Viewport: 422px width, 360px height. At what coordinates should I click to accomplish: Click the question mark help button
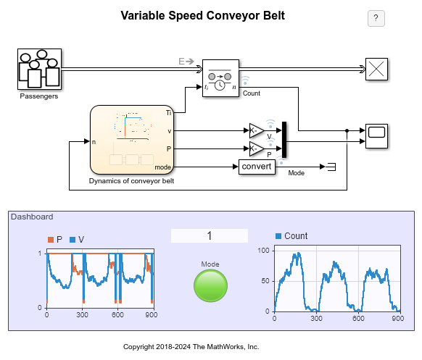376,19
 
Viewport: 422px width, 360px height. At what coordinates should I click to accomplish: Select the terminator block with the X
376,70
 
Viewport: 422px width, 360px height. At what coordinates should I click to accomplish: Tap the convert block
257,167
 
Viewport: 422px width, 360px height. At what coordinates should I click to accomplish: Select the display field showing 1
210,236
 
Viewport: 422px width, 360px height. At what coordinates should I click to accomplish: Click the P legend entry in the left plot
55,239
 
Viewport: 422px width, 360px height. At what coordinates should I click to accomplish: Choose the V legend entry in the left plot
77,239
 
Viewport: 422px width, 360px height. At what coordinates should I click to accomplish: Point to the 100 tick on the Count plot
264,250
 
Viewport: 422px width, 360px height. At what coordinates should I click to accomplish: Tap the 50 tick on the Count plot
265,280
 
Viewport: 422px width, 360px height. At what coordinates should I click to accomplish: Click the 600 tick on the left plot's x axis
119,315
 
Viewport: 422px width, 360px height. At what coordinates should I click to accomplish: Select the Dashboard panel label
31,217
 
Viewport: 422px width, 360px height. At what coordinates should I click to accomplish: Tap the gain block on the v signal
257,130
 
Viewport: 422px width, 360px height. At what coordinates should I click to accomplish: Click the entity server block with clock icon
220,78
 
